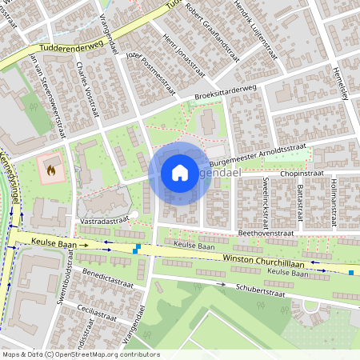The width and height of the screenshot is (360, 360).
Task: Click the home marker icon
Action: point(179,173)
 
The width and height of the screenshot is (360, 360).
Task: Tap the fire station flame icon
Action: point(52,170)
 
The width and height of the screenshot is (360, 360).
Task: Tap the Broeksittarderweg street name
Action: point(226,94)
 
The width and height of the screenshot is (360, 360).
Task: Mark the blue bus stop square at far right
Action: point(350,273)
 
